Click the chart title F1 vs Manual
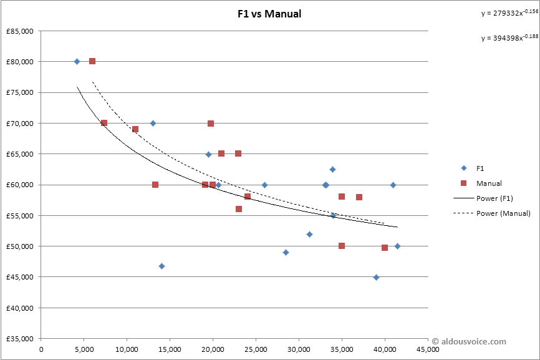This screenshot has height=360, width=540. (x=269, y=14)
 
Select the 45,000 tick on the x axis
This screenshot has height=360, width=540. (x=427, y=349)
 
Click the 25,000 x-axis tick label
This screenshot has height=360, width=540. (x=256, y=349)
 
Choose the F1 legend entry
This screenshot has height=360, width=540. (x=480, y=168)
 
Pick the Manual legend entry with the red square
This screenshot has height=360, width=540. (x=488, y=183)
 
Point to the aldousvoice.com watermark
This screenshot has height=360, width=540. (x=470, y=341)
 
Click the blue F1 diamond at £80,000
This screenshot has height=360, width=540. (x=77, y=61)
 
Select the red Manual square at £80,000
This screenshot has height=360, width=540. (x=92, y=61)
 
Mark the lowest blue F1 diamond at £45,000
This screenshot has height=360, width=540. (x=376, y=277)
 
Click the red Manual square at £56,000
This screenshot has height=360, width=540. (x=239, y=209)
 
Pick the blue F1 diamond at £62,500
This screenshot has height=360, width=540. (x=332, y=169)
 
